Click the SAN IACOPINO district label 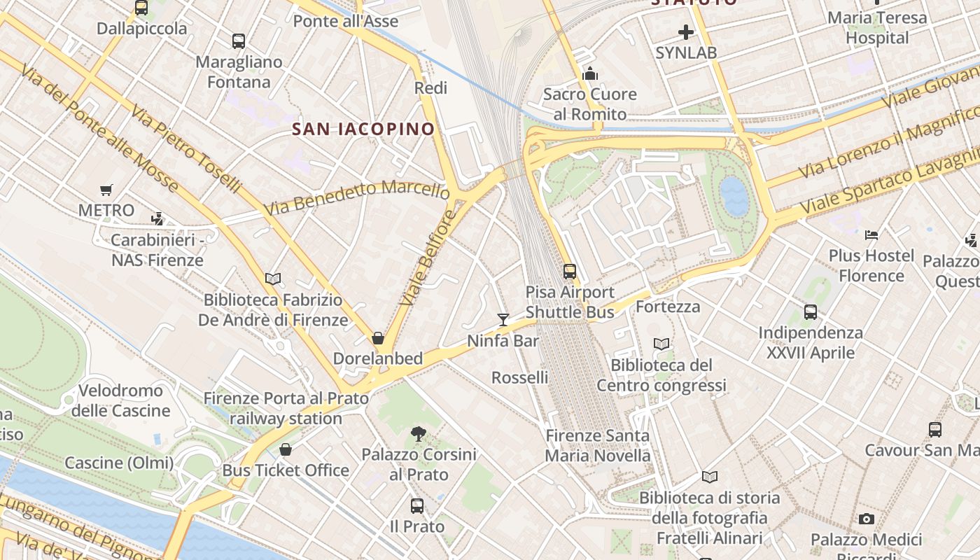click(363, 129)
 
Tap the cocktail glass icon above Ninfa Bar click(503, 320)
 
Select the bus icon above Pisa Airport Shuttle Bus click(570, 271)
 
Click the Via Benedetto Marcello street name click(357, 197)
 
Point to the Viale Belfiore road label click(428, 258)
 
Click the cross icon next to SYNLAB click(686, 31)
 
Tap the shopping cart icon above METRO click(106, 190)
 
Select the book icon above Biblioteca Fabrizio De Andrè click(273, 279)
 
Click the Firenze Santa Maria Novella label click(598, 446)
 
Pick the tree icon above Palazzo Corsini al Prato click(418, 434)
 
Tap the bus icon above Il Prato click(417, 505)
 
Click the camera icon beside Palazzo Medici click(867, 519)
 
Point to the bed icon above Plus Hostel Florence click(871, 235)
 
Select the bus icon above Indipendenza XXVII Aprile click(811, 312)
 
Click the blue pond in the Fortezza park click(734, 195)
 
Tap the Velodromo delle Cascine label click(120, 400)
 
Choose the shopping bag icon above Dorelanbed click(378, 339)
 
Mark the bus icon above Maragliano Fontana click(239, 41)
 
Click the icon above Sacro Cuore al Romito click(590, 73)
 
